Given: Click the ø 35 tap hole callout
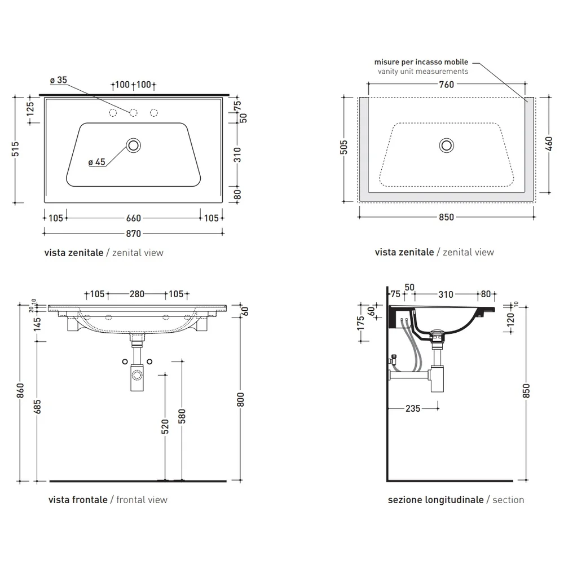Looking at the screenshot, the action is click(59, 80).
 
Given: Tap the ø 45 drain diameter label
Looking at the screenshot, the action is click(97, 162).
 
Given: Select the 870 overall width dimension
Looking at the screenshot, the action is click(133, 234).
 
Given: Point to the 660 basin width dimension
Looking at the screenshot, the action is click(134, 218).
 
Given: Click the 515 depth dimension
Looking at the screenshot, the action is click(15, 149).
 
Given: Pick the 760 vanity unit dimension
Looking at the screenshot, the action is click(446, 85).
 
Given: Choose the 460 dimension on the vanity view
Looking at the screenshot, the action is click(549, 144).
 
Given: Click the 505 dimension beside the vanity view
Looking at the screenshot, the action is click(344, 147).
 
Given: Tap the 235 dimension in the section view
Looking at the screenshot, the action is click(413, 408).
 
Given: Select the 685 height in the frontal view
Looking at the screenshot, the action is click(37, 407).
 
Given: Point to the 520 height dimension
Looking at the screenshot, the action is click(165, 426).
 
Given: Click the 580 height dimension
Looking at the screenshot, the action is click(182, 416).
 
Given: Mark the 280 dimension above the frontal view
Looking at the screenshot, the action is click(137, 294).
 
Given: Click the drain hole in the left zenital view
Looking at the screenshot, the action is click(134, 146).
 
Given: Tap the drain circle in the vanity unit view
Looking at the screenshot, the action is click(446, 146).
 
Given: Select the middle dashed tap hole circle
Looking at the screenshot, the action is click(134, 113).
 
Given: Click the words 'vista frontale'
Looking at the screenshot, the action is click(78, 500).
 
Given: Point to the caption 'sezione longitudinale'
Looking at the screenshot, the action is click(435, 500).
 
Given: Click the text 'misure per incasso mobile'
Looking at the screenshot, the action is click(421, 62).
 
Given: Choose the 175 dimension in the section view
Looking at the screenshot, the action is click(361, 323).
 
